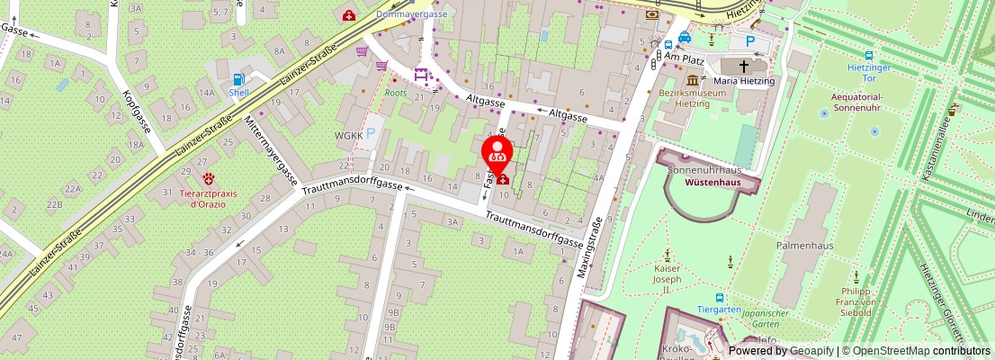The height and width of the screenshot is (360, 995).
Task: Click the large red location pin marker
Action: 497,154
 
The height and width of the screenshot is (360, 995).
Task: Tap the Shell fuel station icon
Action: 238,78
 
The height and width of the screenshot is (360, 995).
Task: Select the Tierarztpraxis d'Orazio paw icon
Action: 210,179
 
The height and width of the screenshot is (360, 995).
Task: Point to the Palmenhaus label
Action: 806,245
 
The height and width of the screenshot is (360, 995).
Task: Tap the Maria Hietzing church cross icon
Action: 745,66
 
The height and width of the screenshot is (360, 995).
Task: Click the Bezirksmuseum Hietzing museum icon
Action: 693,81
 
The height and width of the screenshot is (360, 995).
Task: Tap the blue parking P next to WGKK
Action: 371,132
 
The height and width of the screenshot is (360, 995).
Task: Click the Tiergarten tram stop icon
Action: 719,298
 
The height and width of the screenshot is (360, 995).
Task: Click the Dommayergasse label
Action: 411,14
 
